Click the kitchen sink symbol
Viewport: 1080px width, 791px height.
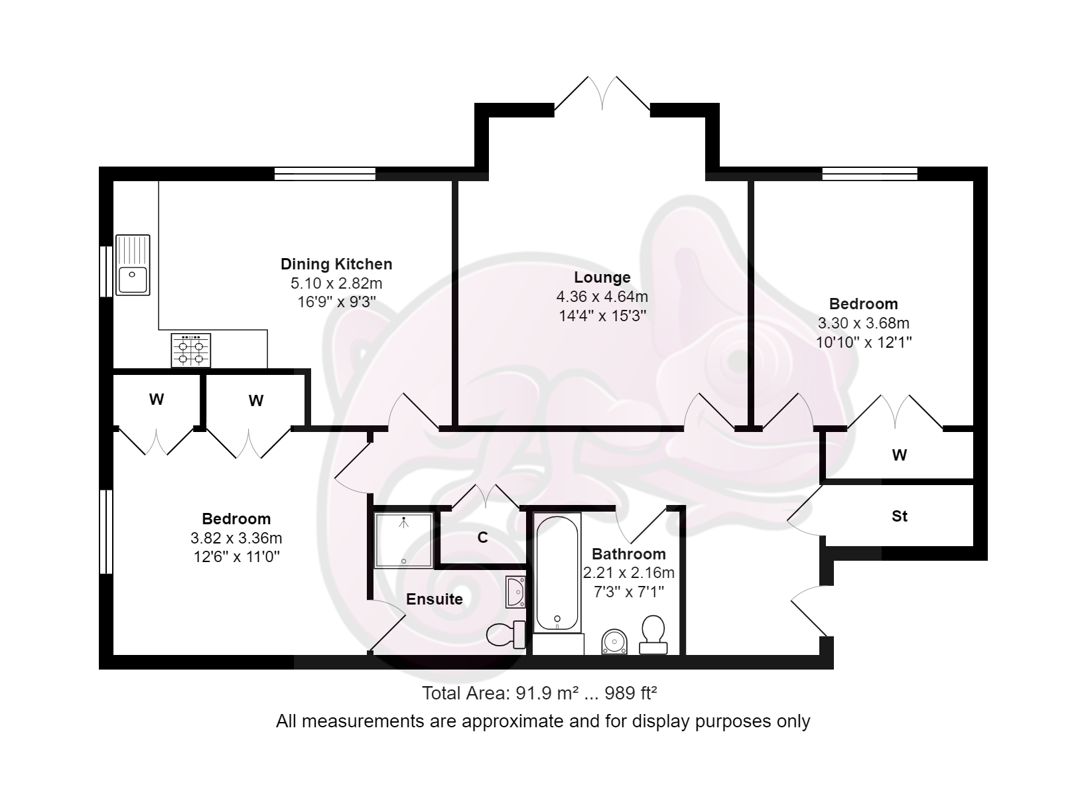click(133, 265)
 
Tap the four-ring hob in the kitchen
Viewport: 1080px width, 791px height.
click(191, 350)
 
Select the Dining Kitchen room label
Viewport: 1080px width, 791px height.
click(336, 264)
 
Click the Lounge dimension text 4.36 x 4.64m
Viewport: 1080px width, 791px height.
click(602, 297)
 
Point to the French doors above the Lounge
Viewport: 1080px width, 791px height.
click(602, 94)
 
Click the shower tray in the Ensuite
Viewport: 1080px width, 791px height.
click(403, 539)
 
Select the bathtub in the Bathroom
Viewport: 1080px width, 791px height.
click(557, 573)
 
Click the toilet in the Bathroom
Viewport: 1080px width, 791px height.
click(653, 634)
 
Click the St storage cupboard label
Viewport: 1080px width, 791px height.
click(899, 516)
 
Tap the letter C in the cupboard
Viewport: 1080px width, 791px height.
click(483, 538)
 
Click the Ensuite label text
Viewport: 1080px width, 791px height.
click(434, 599)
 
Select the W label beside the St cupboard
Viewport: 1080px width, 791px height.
click(899, 455)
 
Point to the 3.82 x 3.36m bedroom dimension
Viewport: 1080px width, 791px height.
click(236, 538)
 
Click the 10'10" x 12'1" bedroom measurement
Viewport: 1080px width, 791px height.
click(863, 342)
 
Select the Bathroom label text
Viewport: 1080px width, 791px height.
click(628, 554)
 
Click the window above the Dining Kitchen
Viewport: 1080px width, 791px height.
click(324, 175)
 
